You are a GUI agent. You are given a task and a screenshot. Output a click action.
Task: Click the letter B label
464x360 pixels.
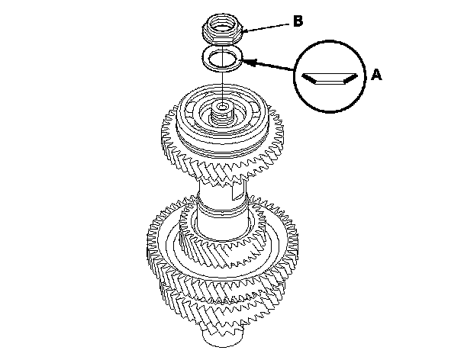pos(298,21)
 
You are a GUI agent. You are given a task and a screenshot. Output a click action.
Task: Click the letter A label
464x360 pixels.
pos(376,75)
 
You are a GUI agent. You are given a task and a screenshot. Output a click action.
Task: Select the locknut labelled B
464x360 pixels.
pos(223,31)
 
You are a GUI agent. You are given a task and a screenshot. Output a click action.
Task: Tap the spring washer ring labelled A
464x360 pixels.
pos(223,58)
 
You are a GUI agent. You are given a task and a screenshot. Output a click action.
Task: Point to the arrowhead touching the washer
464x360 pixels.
pos(249,62)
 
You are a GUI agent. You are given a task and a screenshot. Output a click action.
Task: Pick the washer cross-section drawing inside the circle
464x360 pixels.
pos(330,78)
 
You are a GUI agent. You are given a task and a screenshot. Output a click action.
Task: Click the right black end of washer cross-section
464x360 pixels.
pos(350,78)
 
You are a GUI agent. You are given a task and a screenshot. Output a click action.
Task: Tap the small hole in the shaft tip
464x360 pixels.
pos(221,106)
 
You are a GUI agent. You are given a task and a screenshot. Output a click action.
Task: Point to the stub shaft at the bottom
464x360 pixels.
pos(223,336)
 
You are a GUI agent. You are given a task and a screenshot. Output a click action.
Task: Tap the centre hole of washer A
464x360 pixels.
pos(223,58)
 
